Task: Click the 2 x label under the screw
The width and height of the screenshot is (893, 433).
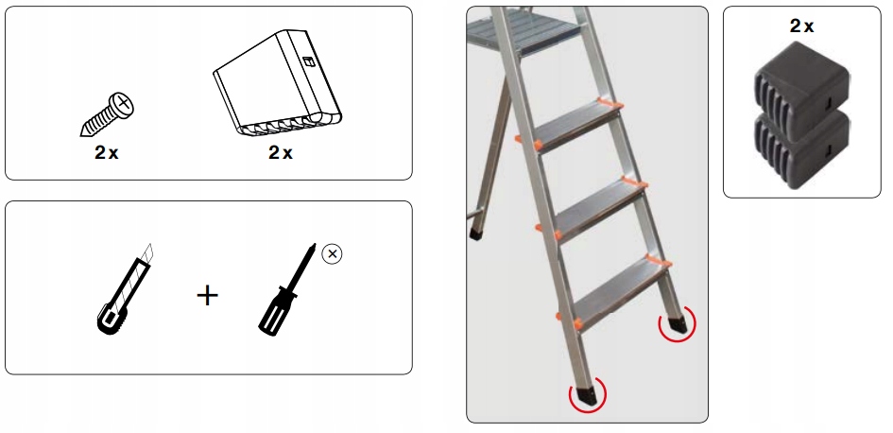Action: (106, 154)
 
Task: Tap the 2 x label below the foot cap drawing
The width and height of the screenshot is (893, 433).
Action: (280, 154)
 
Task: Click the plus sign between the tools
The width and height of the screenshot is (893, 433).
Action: (207, 296)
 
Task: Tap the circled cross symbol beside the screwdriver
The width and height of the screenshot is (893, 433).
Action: (331, 254)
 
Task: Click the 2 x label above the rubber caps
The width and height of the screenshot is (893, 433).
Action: (802, 26)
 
